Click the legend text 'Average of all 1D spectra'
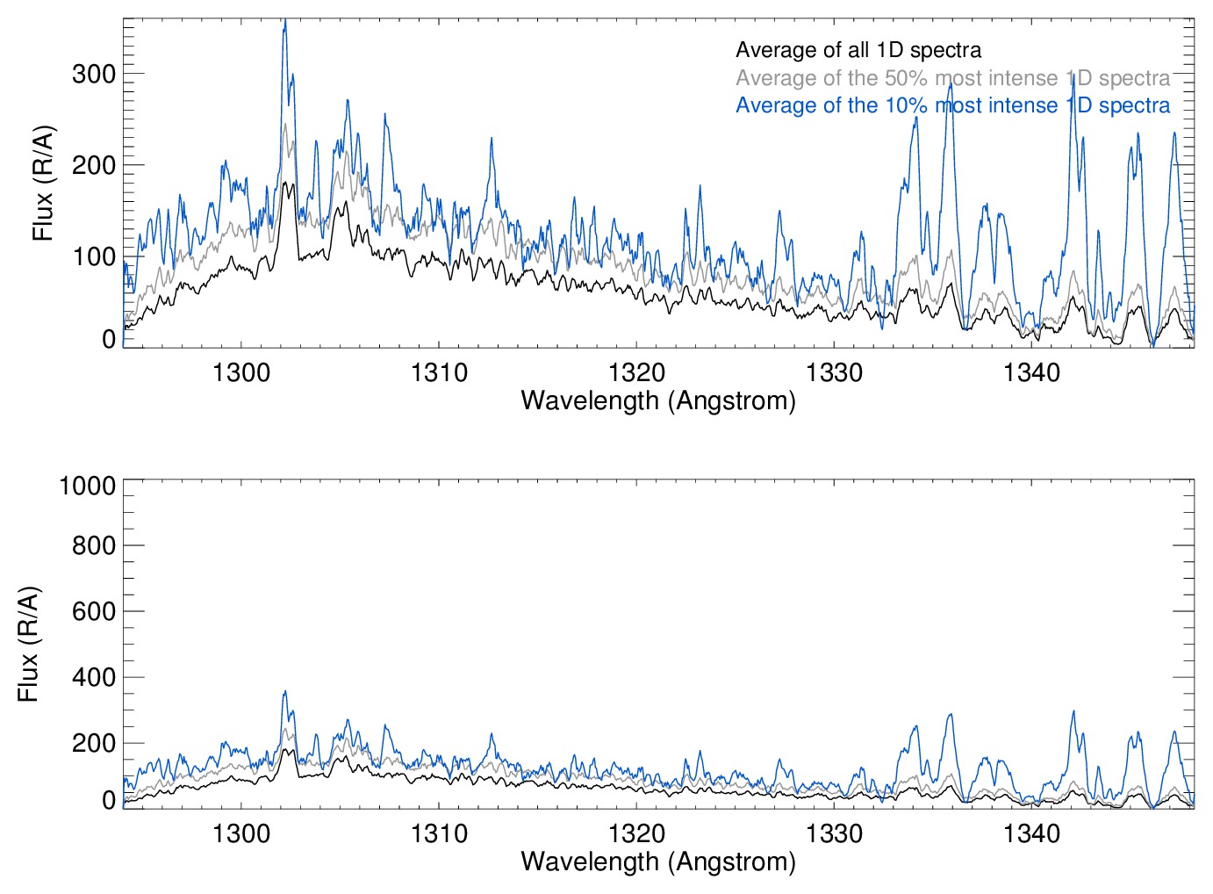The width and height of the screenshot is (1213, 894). pos(858,50)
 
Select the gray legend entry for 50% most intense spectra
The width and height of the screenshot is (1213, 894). pos(952,78)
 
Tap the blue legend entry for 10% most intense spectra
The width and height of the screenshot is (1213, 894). pos(952,105)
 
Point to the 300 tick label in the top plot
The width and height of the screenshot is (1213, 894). pos(94,74)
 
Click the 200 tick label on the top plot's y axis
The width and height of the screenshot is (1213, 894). pos(94,165)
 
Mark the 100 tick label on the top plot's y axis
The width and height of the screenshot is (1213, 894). pos(94,256)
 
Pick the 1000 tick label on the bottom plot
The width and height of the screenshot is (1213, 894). pos(87,486)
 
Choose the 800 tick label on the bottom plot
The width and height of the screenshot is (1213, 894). pos(94,545)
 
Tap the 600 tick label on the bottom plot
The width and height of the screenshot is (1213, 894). pos(94,611)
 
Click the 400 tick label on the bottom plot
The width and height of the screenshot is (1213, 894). pos(94,677)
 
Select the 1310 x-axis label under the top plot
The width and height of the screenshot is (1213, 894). pos(439,372)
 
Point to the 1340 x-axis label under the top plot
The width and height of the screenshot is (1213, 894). pos(1031,372)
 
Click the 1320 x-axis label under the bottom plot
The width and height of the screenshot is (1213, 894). pos(636,833)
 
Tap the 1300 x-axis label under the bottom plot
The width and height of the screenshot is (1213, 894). pos(241,833)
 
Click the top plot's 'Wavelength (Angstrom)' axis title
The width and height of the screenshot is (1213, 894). pos(658,400)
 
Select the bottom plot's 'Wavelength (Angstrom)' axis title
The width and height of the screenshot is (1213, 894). pos(658,862)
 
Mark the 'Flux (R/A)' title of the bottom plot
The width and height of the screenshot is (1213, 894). pos(28,643)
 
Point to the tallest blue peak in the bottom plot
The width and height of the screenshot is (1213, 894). pos(284,692)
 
